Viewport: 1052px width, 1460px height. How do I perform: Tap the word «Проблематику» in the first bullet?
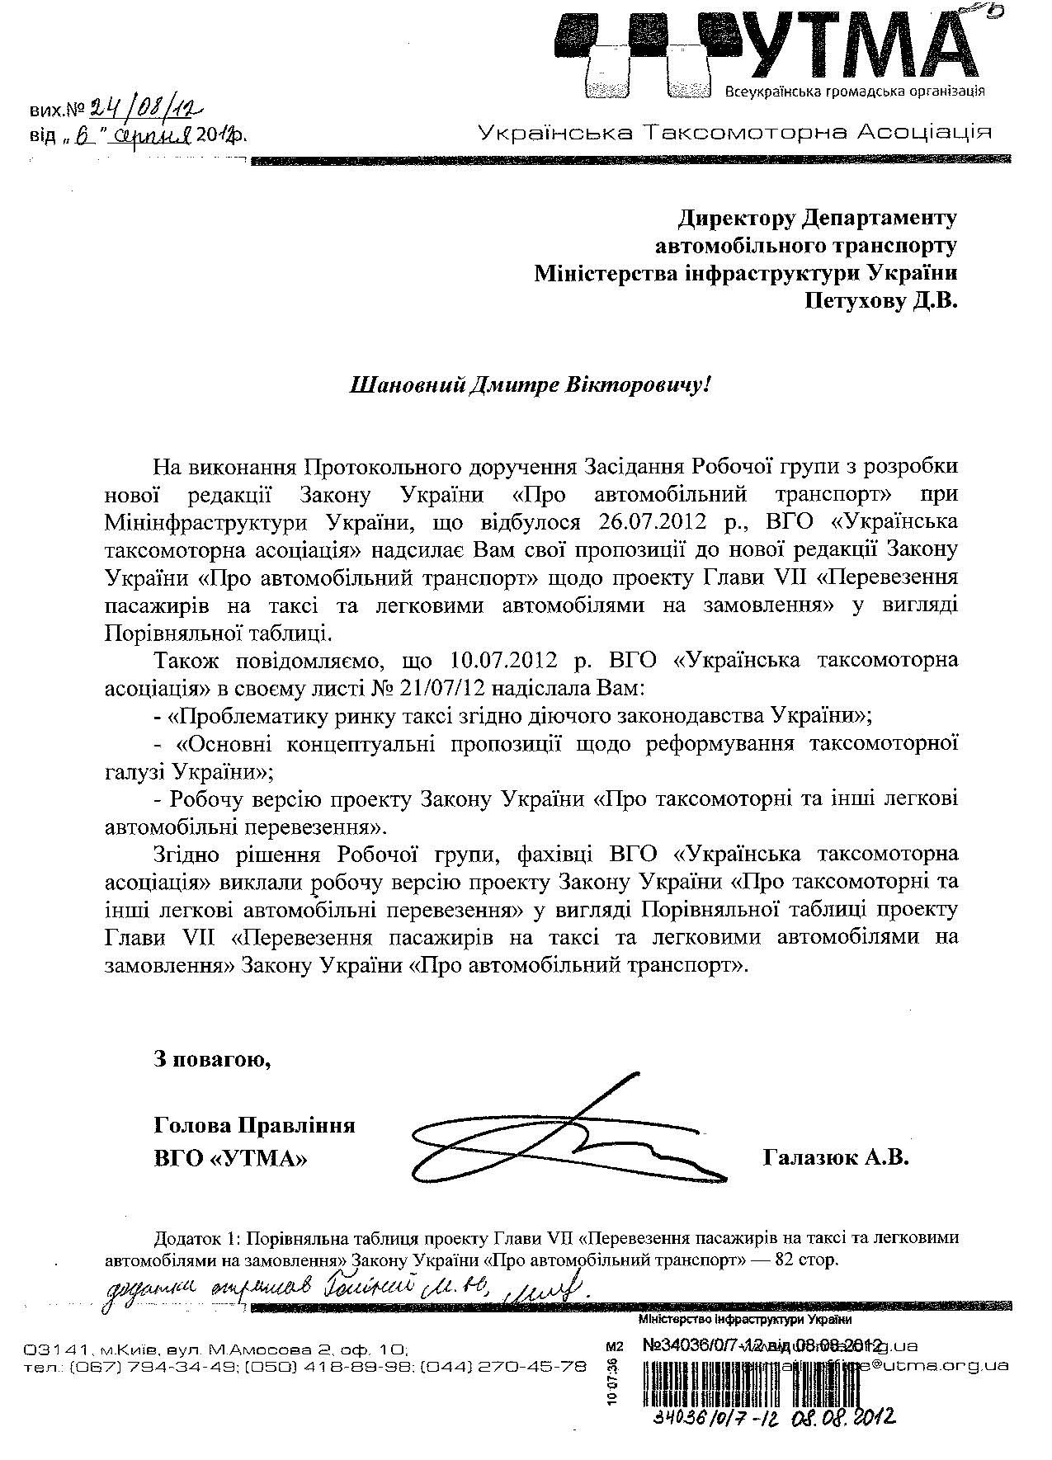247,715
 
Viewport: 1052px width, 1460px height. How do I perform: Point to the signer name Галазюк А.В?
836,1158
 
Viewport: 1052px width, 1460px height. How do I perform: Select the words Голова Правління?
254,1125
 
